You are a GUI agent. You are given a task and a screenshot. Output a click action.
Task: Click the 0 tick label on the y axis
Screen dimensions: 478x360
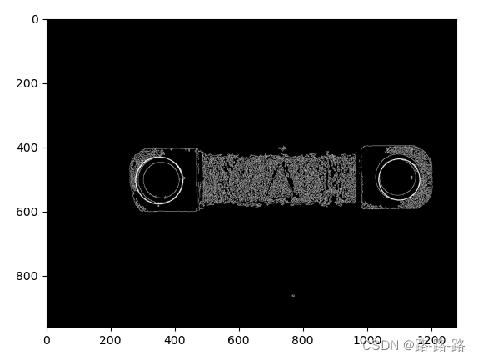[35, 19]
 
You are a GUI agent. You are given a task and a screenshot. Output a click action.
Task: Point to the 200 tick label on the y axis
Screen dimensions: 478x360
[27, 83]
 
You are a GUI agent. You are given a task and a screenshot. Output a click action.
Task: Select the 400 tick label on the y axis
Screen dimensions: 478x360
[27, 147]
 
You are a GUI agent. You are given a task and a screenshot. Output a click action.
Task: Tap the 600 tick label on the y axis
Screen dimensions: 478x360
[27, 212]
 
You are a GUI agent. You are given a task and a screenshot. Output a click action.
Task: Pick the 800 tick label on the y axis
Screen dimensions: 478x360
[27, 276]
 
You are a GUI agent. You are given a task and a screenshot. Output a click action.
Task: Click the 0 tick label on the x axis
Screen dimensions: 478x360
[47, 340]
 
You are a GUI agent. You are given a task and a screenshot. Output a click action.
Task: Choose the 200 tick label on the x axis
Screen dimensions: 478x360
[111, 340]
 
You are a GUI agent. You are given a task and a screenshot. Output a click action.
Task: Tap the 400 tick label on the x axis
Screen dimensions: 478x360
[175, 340]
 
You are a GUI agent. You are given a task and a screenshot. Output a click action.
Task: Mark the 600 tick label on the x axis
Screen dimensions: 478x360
[239, 340]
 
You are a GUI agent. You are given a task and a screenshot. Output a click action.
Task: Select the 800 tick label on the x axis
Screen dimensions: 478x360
[303, 340]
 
